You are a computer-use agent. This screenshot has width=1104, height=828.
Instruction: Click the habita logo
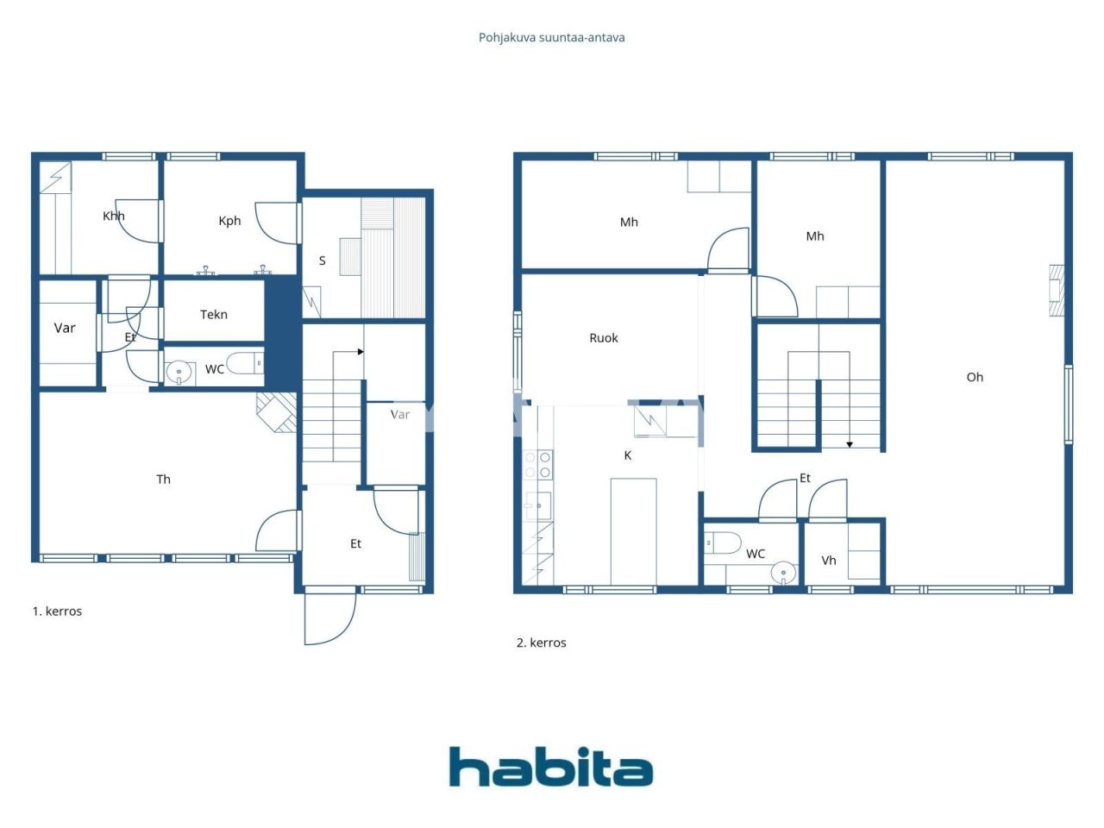550,767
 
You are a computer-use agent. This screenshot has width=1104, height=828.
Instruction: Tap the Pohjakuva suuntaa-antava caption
551,38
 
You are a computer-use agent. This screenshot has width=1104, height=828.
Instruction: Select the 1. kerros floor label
57,612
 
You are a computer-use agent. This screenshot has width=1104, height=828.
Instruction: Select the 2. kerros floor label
541,643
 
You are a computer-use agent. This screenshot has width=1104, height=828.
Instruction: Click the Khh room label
113,216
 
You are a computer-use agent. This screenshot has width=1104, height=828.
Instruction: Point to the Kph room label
229,221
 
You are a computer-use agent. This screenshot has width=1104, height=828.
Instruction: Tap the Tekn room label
214,315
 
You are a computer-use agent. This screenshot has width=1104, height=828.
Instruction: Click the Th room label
163,480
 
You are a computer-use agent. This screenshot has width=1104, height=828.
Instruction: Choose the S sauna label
322,260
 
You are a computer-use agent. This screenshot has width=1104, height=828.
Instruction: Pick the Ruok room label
604,338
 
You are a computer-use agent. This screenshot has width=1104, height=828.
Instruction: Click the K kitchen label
627,455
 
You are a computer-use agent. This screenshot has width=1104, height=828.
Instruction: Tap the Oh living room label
975,377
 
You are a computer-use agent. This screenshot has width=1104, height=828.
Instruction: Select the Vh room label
828,561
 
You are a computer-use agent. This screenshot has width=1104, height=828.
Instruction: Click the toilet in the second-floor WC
723,543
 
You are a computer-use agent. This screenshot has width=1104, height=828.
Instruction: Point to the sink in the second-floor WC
783,572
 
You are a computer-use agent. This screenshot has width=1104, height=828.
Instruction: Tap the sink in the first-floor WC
179,373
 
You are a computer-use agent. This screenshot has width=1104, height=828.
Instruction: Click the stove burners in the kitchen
538,464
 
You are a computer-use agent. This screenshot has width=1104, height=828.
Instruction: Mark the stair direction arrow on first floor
360,352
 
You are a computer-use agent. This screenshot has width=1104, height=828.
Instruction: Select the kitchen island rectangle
633,531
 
